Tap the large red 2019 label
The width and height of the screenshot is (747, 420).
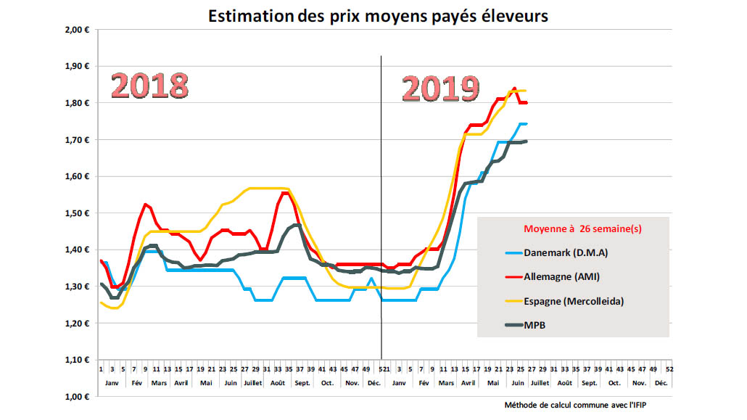[x=440, y=88]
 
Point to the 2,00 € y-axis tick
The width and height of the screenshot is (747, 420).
[x=77, y=30]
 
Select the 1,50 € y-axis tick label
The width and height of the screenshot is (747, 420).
[x=77, y=213]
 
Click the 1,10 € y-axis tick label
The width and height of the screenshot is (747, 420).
[x=77, y=360]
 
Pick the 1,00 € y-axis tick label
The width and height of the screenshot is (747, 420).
[x=77, y=397]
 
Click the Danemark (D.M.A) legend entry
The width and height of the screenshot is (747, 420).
[x=565, y=252]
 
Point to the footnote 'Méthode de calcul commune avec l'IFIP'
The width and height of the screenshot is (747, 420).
[x=577, y=405]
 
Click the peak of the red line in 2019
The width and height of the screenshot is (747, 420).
[x=514, y=88]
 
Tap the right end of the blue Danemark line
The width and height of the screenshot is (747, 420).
[x=527, y=124]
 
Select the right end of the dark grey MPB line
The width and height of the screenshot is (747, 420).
[x=527, y=141]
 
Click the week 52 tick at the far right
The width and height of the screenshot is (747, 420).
[x=669, y=369]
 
